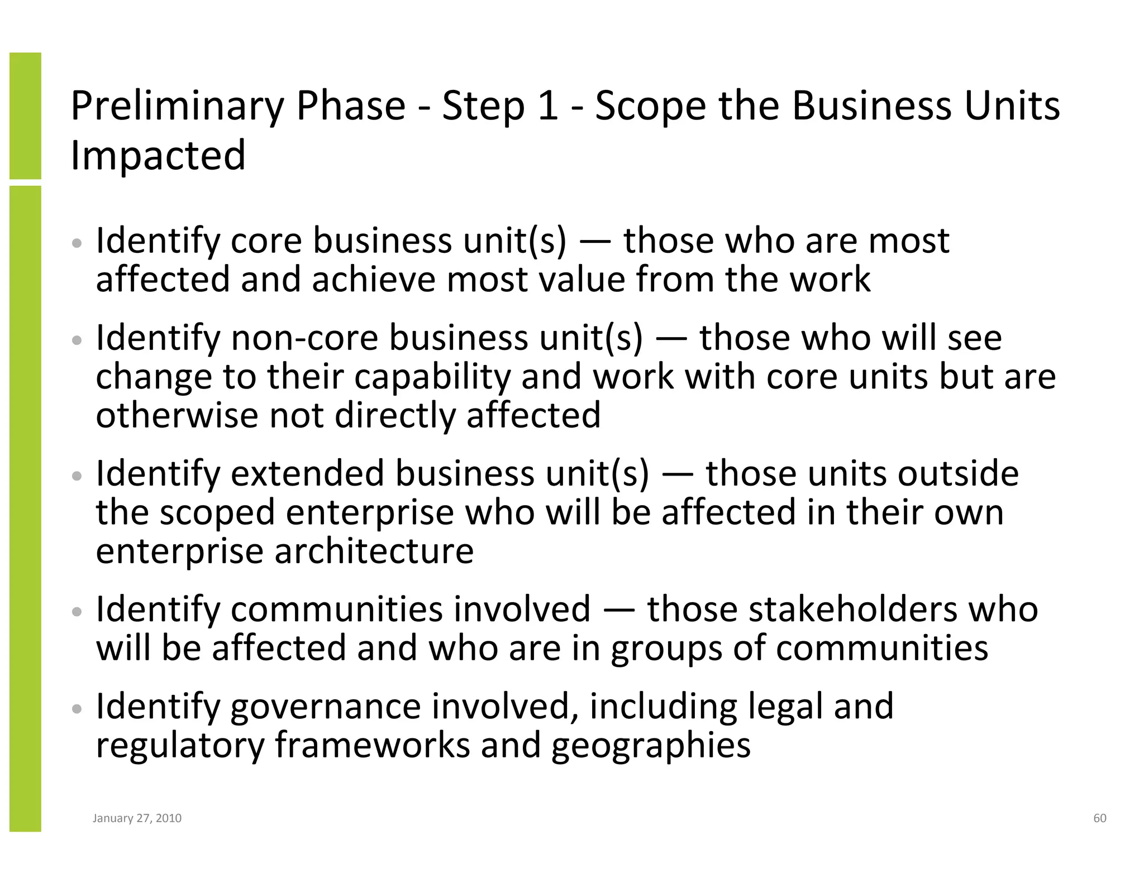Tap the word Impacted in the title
pos(158,155)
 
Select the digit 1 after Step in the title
pos(547,106)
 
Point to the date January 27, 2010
pos(137,818)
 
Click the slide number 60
pos(1099,818)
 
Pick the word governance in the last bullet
pos(325,706)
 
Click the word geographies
pos(651,746)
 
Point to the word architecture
pos(374,551)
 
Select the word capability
pos(432,377)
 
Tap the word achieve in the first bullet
pos(373,279)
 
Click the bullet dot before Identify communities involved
pos(78,612)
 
